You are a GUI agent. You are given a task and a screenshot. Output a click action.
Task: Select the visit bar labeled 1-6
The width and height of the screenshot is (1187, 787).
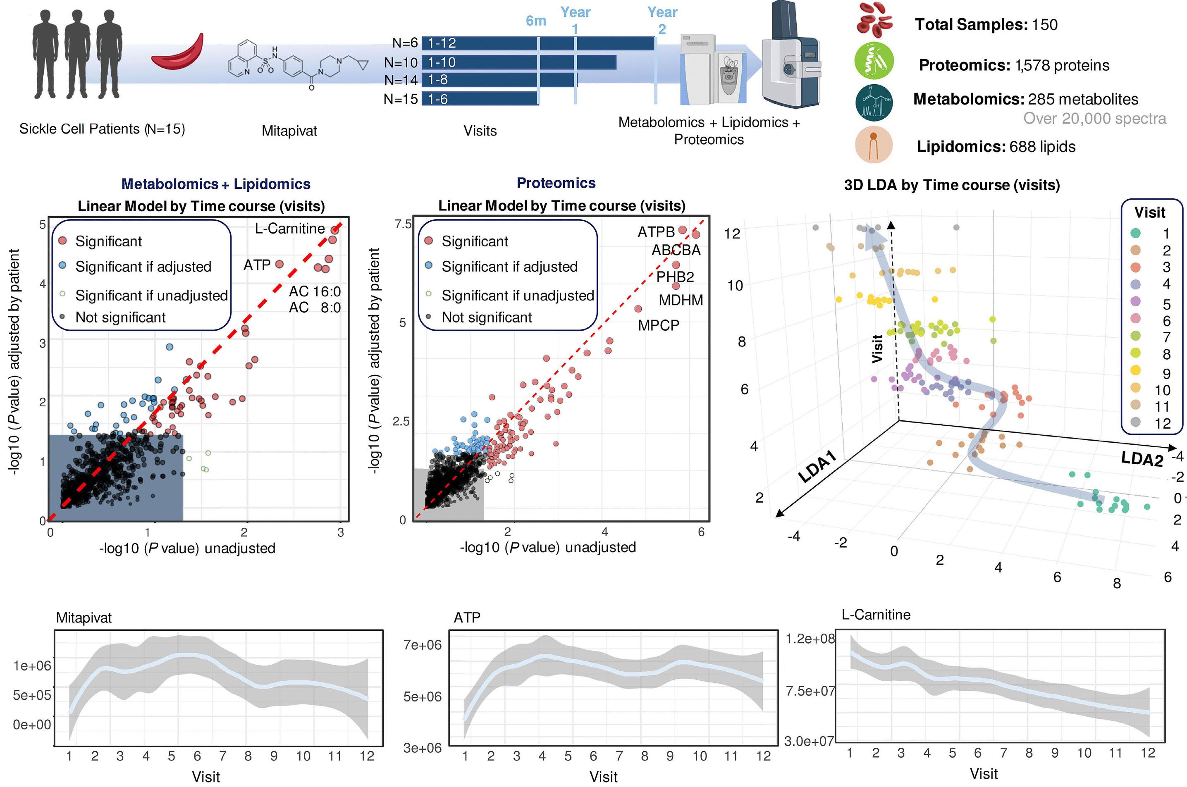point(479,99)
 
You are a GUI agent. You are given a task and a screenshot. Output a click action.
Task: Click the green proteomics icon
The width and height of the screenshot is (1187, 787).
point(874,61)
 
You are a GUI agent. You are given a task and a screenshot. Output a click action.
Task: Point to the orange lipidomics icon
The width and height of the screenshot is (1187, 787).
point(873,145)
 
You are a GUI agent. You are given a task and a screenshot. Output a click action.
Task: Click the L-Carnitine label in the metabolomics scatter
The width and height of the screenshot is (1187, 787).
point(289,229)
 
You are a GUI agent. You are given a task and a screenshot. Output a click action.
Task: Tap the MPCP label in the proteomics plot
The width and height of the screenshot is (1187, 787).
point(658,325)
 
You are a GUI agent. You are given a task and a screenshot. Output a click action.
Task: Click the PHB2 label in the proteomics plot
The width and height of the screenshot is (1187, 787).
point(675,277)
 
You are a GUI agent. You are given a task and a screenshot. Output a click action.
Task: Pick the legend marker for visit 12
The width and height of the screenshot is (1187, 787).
point(1135,422)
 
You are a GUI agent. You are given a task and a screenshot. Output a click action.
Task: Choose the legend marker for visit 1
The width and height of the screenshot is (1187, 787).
point(1135,233)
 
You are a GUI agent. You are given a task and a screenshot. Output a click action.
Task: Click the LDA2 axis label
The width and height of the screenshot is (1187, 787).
point(1142,459)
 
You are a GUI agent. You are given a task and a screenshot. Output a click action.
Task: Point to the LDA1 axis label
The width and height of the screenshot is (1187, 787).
point(817,467)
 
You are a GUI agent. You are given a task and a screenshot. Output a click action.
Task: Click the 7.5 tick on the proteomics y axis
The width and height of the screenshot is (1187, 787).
point(403,224)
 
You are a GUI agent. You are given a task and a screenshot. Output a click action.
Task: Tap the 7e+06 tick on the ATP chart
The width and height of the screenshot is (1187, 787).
point(422,645)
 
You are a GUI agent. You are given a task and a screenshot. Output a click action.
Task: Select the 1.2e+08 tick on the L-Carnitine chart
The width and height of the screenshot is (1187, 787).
point(810,639)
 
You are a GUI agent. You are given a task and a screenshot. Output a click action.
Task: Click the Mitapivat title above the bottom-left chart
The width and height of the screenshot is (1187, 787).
point(84,618)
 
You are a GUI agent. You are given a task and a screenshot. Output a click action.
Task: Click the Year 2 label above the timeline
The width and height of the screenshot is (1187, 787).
point(662,20)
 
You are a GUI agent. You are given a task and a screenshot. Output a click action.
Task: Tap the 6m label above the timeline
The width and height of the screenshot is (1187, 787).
point(535,21)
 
